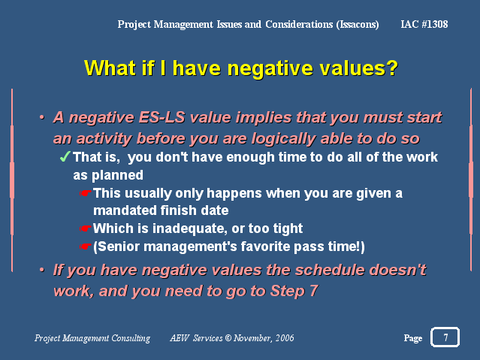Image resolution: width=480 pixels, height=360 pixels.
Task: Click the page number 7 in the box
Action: coord(445,337)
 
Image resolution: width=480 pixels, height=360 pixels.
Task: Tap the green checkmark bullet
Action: coord(65,156)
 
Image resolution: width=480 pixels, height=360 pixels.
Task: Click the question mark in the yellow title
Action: coord(391,68)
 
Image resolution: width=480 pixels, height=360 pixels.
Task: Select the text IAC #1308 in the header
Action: coord(424,24)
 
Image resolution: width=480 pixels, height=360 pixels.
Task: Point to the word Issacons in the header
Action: coord(358,24)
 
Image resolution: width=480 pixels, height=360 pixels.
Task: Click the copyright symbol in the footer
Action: coord(228,338)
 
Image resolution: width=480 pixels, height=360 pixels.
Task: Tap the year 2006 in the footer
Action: coord(285,338)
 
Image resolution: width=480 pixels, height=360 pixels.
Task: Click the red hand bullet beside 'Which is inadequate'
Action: coord(86,228)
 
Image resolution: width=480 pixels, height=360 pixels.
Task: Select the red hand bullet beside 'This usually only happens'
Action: coord(86,193)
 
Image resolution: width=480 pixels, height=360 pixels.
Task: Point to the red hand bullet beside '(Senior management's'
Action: coord(86,247)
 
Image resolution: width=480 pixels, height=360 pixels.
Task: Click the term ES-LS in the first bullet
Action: coord(162,117)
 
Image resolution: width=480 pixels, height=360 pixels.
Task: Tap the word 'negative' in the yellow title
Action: coord(270,68)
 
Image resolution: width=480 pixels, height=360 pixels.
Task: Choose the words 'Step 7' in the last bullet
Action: coord(294,290)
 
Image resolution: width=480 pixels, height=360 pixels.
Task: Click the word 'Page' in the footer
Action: coord(413,338)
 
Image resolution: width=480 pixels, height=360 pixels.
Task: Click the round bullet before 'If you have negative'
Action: coord(42,271)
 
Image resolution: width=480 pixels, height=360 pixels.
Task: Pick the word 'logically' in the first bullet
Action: coord(283,139)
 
